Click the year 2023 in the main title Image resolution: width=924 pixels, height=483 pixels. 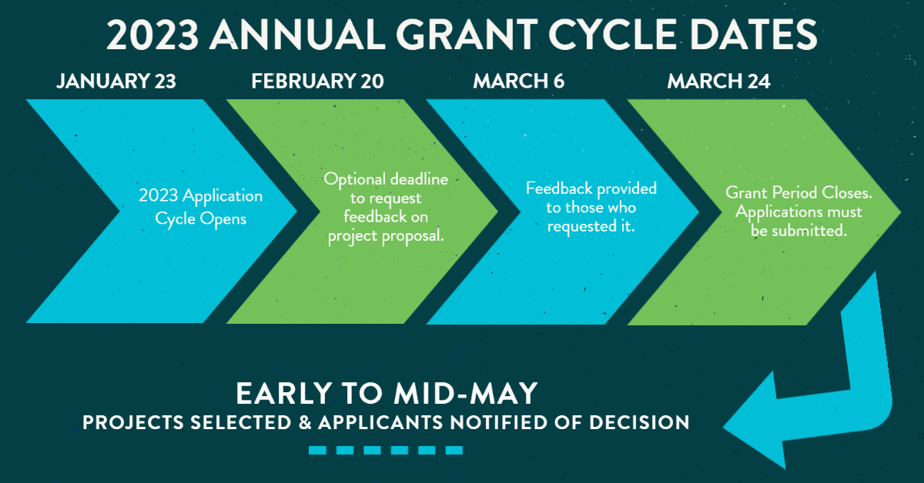pos(152,35)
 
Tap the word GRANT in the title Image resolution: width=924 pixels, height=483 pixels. pos(467,35)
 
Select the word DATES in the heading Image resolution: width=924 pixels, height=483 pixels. pos(753,35)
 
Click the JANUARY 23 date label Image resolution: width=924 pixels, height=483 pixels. pos(116,81)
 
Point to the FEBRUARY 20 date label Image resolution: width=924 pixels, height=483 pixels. pos(317,81)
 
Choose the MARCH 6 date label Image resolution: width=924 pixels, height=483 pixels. pos(518,81)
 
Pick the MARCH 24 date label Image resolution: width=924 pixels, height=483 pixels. pos(718,81)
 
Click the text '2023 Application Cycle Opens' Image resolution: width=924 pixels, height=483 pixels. pos(200,208)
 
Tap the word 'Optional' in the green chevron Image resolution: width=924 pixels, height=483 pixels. pos(355,180)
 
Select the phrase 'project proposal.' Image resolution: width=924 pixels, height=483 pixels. pos(386,237)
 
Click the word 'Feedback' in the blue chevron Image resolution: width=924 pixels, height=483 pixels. pos(559,188)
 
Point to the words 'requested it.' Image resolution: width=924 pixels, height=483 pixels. pos(591,227)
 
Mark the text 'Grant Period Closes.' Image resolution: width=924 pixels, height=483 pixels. pos(798,193)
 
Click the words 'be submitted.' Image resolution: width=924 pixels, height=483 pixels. pos(798,231)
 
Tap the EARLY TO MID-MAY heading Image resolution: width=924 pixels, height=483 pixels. pos(387,393)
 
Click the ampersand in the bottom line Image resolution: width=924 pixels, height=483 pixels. pos(305,422)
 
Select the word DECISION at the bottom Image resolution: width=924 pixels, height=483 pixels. pos(639,422)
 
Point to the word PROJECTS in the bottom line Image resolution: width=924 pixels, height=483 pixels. pos(133,422)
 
